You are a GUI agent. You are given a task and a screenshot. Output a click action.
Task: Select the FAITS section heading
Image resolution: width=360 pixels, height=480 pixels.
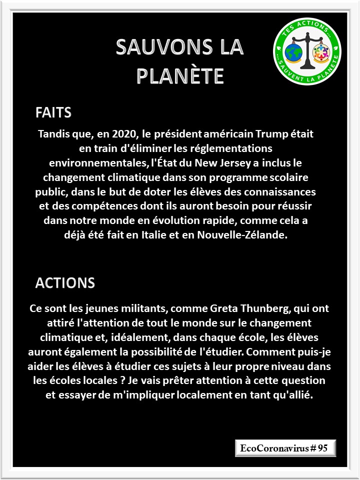[53, 112]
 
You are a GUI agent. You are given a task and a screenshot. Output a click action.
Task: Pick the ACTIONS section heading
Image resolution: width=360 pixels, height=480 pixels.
[65, 282]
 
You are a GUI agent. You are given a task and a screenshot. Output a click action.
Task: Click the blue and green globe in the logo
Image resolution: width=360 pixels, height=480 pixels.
[291, 51]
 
